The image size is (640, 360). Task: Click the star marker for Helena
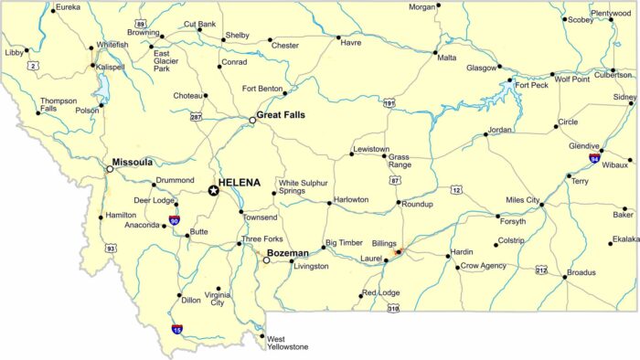[213, 190]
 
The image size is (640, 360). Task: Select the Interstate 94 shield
[594, 157]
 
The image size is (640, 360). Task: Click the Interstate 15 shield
[176, 329]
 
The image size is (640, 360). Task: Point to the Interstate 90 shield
[174, 220]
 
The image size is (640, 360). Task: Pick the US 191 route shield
[389, 104]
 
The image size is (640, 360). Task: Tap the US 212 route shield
[541, 270]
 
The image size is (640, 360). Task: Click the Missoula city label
[132, 162]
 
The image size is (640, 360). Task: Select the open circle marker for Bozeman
[266, 260]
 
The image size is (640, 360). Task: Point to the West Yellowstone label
[287, 343]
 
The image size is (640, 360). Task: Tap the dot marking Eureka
[51, 8]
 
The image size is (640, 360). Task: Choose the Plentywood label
[611, 14]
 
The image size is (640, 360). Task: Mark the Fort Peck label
[531, 86]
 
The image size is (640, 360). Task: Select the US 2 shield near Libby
[35, 66]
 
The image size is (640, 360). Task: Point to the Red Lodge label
[380, 292]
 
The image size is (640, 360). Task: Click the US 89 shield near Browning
[140, 23]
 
